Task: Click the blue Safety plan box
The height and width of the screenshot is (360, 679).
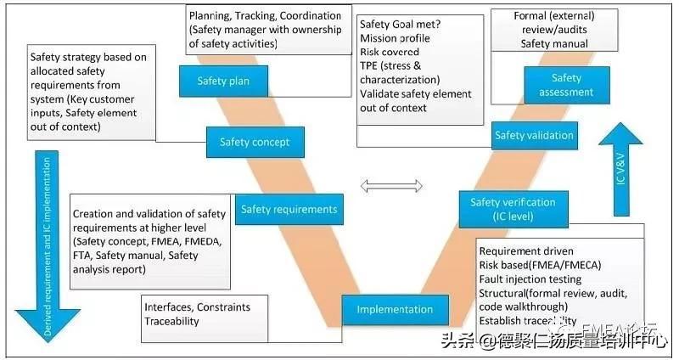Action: (222, 82)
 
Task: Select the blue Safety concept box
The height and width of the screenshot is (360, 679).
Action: (255, 142)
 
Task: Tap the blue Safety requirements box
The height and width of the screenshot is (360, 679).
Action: (289, 209)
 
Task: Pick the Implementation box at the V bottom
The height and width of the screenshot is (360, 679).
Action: (395, 310)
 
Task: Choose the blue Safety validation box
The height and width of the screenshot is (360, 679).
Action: (533, 135)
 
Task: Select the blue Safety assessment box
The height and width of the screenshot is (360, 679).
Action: (560, 85)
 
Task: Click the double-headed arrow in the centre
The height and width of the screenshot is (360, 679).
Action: (392, 185)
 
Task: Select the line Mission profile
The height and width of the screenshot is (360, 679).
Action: (394, 39)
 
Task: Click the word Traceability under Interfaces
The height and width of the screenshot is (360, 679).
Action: (172, 322)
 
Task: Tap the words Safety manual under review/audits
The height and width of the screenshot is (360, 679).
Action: (554, 43)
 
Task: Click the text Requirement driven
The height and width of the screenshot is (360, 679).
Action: (526, 250)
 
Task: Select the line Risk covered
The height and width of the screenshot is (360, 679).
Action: (390, 53)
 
